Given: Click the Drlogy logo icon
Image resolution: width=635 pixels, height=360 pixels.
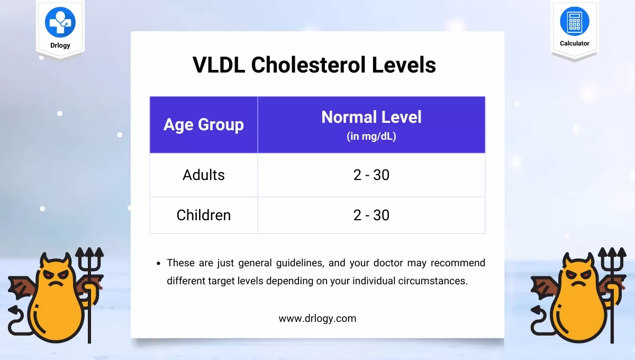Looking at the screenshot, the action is pyautogui.click(x=60, y=22).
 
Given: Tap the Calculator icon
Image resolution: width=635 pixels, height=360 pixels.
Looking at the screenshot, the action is pyautogui.click(x=575, y=21).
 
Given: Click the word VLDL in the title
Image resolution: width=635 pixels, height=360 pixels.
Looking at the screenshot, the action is pyautogui.click(x=219, y=65).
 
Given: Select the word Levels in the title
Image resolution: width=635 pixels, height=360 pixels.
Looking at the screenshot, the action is pyautogui.click(x=404, y=65).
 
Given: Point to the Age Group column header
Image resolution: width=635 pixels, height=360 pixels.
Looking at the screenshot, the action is pyautogui.click(x=204, y=124).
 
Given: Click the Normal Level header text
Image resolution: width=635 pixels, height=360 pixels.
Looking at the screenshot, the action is pyautogui.click(x=371, y=117).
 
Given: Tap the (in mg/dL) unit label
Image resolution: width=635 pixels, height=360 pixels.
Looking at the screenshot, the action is pyautogui.click(x=371, y=136).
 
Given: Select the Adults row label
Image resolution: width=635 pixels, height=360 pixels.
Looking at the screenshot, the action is pyautogui.click(x=204, y=175).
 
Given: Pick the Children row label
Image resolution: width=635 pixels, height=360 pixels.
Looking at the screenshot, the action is pyautogui.click(x=204, y=215).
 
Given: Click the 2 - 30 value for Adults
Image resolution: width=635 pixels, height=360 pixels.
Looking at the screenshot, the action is pyautogui.click(x=371, y=175).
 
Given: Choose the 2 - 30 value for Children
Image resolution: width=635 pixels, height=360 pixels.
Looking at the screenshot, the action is pyautogui.click(x=371, y=215).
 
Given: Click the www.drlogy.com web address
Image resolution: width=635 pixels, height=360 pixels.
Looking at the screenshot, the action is pyautogui.click(x=317, y=319).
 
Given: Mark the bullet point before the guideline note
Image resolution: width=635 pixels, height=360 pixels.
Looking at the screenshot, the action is pyautogui.click(x=158, y=264).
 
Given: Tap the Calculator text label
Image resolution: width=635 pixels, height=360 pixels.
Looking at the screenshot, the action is pyautogui.click(x=575, y=43).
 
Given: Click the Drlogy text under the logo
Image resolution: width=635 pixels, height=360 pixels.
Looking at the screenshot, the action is pyautogui.click(x=60, y=46).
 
